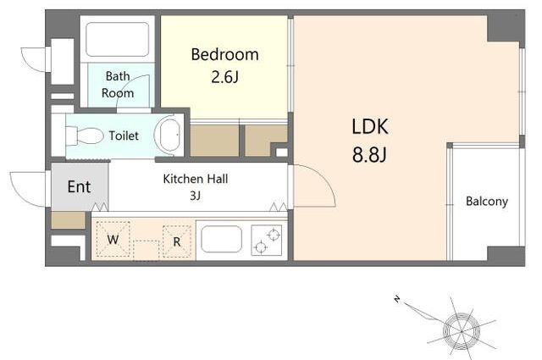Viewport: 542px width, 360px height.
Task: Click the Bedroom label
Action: [224, 55]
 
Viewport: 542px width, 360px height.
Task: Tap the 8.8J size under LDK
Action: [369, 154]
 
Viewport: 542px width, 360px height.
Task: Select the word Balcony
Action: [487, 202]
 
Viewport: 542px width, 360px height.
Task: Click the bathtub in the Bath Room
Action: [118, 39]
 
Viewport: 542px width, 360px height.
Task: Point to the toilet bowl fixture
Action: [85, 136]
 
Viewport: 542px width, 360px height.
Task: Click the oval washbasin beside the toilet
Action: [169, 136]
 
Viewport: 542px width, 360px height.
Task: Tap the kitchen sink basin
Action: [222, 239]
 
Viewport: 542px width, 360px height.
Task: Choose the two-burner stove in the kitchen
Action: [267, 241]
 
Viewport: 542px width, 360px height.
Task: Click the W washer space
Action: [113, 240]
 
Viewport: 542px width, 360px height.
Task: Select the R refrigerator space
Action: [177, 241]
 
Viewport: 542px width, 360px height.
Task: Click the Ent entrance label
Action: [79, 186]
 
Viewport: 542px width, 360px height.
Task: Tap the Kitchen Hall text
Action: [196, 179]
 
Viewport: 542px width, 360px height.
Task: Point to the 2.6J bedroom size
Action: [224, 77]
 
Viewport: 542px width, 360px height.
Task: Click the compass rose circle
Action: [462, 331]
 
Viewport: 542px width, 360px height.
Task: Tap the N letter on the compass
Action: [397, 299]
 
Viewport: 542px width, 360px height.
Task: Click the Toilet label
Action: [124, 136]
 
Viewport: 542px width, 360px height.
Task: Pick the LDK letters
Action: [370, 126]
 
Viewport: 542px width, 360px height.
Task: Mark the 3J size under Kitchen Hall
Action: [195, 196]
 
